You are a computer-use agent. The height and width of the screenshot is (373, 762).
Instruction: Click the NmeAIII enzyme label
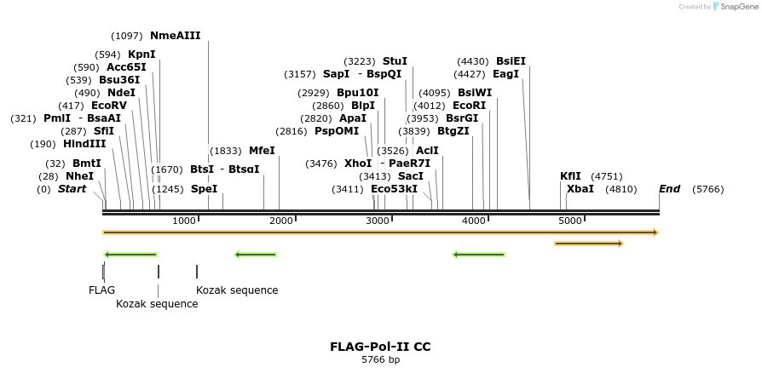[x=175, y=36]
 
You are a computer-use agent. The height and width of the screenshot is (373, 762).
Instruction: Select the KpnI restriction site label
[x=141, y=55]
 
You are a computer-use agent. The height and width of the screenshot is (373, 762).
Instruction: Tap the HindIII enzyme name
[x=84, y=144]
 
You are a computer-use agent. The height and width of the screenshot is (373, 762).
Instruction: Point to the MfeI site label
[x=262, y=151]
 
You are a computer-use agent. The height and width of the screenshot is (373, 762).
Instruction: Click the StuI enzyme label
[x=395, y=61]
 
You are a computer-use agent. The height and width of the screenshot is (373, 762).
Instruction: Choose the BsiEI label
[x=511, y=61]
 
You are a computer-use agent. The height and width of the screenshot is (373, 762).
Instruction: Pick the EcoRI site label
[x=469, y=106]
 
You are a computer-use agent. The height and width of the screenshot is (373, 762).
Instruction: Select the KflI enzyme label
[x=570, y=176]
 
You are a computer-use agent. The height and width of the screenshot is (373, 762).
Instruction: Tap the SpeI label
[x=204, y=189]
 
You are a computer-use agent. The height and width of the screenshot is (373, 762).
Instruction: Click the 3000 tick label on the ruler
[x=378, y=221]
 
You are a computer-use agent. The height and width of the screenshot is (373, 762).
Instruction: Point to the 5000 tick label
[x=570, y=221]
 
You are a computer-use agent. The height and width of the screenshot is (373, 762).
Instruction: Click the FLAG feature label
[x=101, y=290]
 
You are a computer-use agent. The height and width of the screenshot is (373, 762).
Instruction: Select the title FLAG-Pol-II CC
[x=380, y=347]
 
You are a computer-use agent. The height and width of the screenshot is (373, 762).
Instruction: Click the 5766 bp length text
[x=380, y=360]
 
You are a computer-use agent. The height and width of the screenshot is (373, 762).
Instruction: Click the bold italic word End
[x=669, y=189]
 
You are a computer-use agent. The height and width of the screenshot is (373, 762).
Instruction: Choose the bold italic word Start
[x=72, y=189]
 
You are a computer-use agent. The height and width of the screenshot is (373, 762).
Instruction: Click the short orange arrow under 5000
[x=588, y=244]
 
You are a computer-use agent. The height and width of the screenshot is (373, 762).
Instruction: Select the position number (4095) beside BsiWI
[x=435, y=93]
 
